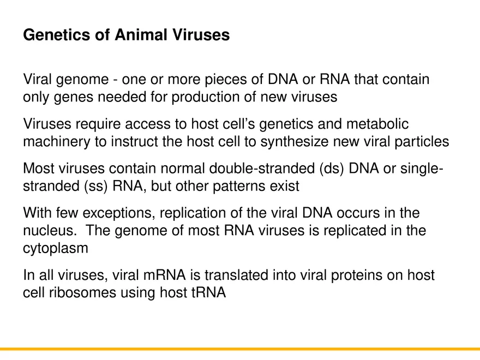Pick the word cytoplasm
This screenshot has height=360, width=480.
56,248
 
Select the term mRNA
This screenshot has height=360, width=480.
169,275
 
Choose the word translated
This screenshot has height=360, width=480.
241,275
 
